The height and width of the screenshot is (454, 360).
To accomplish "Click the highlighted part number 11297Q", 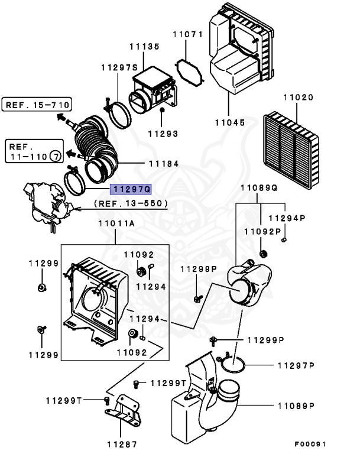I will pos(131,189).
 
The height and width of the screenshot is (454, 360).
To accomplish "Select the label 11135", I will pos(145,46).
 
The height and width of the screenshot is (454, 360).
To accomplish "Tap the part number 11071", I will pos(188,35).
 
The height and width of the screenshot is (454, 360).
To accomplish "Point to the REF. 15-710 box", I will pos(37,106).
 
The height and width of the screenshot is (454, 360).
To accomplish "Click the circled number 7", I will pos(54,157).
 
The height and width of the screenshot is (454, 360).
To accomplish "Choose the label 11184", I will pos(163,163).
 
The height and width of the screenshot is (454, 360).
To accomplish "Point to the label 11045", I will pos(229,122).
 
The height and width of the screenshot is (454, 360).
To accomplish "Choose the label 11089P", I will pos(295,406).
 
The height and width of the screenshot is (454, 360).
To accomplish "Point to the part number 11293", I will pos(163,134).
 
